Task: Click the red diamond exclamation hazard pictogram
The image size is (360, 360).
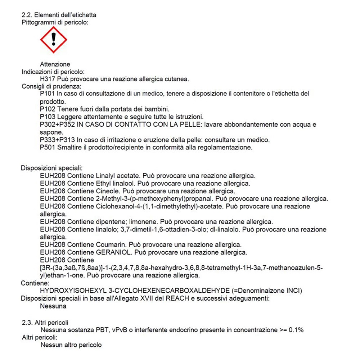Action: tap(53, 40)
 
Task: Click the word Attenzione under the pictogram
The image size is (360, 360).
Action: tap(55, 64)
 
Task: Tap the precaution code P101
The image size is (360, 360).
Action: tap(48, 94)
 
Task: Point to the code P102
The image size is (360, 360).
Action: tap(48, 109)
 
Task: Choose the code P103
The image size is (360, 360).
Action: tap(48, 117)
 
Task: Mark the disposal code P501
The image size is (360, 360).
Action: tap(48, 147)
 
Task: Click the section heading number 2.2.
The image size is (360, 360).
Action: tap(28, 15)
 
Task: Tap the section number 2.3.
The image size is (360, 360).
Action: tap(28, 323)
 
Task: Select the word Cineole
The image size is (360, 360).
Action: tap(107, 191)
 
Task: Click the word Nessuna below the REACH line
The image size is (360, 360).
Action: tap(53, 306)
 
